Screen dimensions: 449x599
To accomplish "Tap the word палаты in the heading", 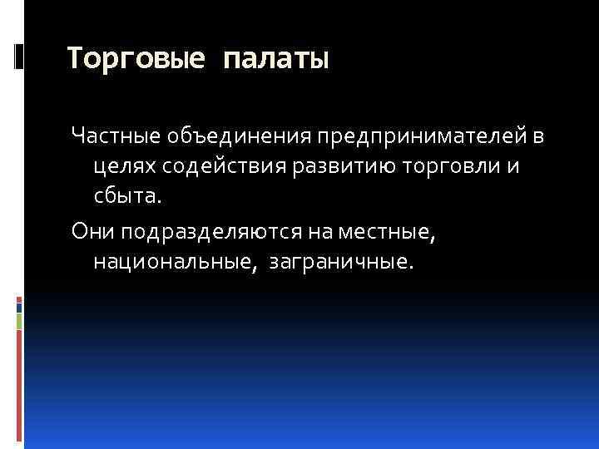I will [275, 57].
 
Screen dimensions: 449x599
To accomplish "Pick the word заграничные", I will [339, 264].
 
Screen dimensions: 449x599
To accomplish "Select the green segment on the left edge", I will [18, 321].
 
